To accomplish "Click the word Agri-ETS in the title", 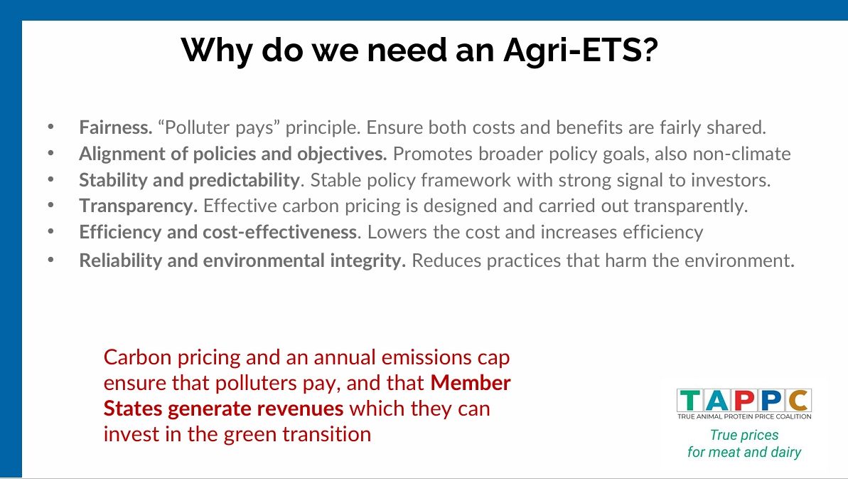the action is [x=580, y=51].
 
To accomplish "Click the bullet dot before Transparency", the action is [x=51, y=206].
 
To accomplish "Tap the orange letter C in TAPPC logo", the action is [x=799, y=401].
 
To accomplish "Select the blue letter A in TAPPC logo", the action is [x=716, y=401].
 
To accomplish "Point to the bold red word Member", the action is [x=471, y=383].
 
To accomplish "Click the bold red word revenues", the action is [x=300, y=409].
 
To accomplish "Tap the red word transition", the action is [x=333, y=434].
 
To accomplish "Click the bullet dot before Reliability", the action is [x=51, y=260].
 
